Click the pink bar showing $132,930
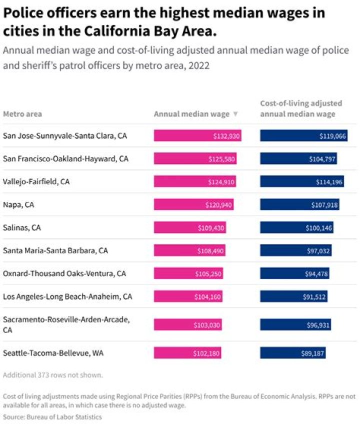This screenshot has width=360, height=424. point(197,136)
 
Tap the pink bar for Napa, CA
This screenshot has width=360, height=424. point(193,205)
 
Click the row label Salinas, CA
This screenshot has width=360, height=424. point(21,228)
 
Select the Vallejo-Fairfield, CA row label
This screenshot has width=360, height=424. point(36,182)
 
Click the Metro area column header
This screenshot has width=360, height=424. point(22,114)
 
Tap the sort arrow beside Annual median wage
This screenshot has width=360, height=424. point(235,114)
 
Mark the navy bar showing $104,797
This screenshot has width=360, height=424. point(298,159)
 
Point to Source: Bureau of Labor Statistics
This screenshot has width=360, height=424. point(52,417)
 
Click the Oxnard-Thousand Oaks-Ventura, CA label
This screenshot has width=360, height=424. point(64,274)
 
